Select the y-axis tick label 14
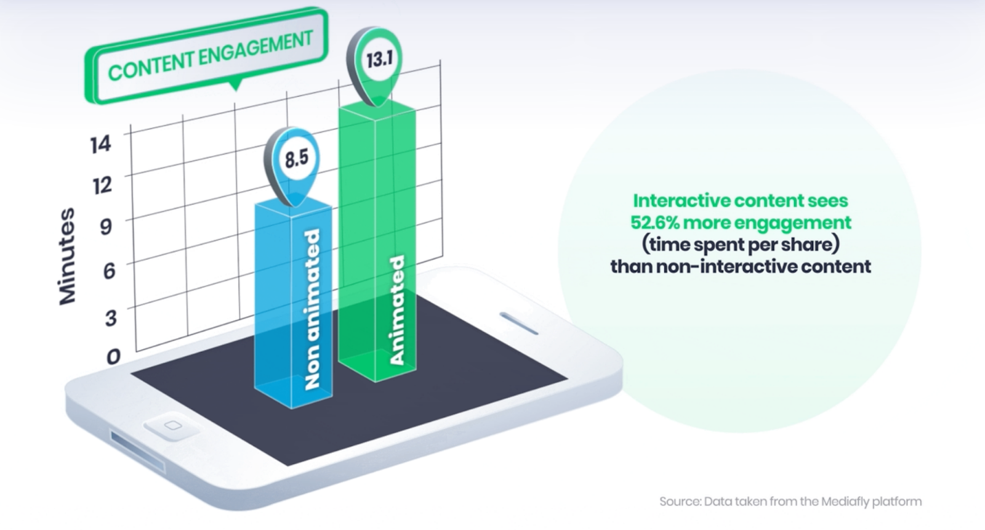pyautogui.click(x=101, y=144)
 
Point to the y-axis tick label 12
pyautogui.click(x=102, y=185)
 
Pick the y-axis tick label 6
pyautogui.click(x=109, y=270)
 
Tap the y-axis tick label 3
pyautogui.click(x=111, y=317)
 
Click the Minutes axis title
pyautogui.click(x=67, y=256)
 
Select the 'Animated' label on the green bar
pyautogui.click(x=397, y=311)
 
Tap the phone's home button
pyautogui.click(x=172, y=425)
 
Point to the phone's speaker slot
pyautogui.click(x=519, y=323)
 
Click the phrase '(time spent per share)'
pyautogui.click(x=741, y=245)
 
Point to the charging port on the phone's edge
pyautogui.click(x=138, y=450)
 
